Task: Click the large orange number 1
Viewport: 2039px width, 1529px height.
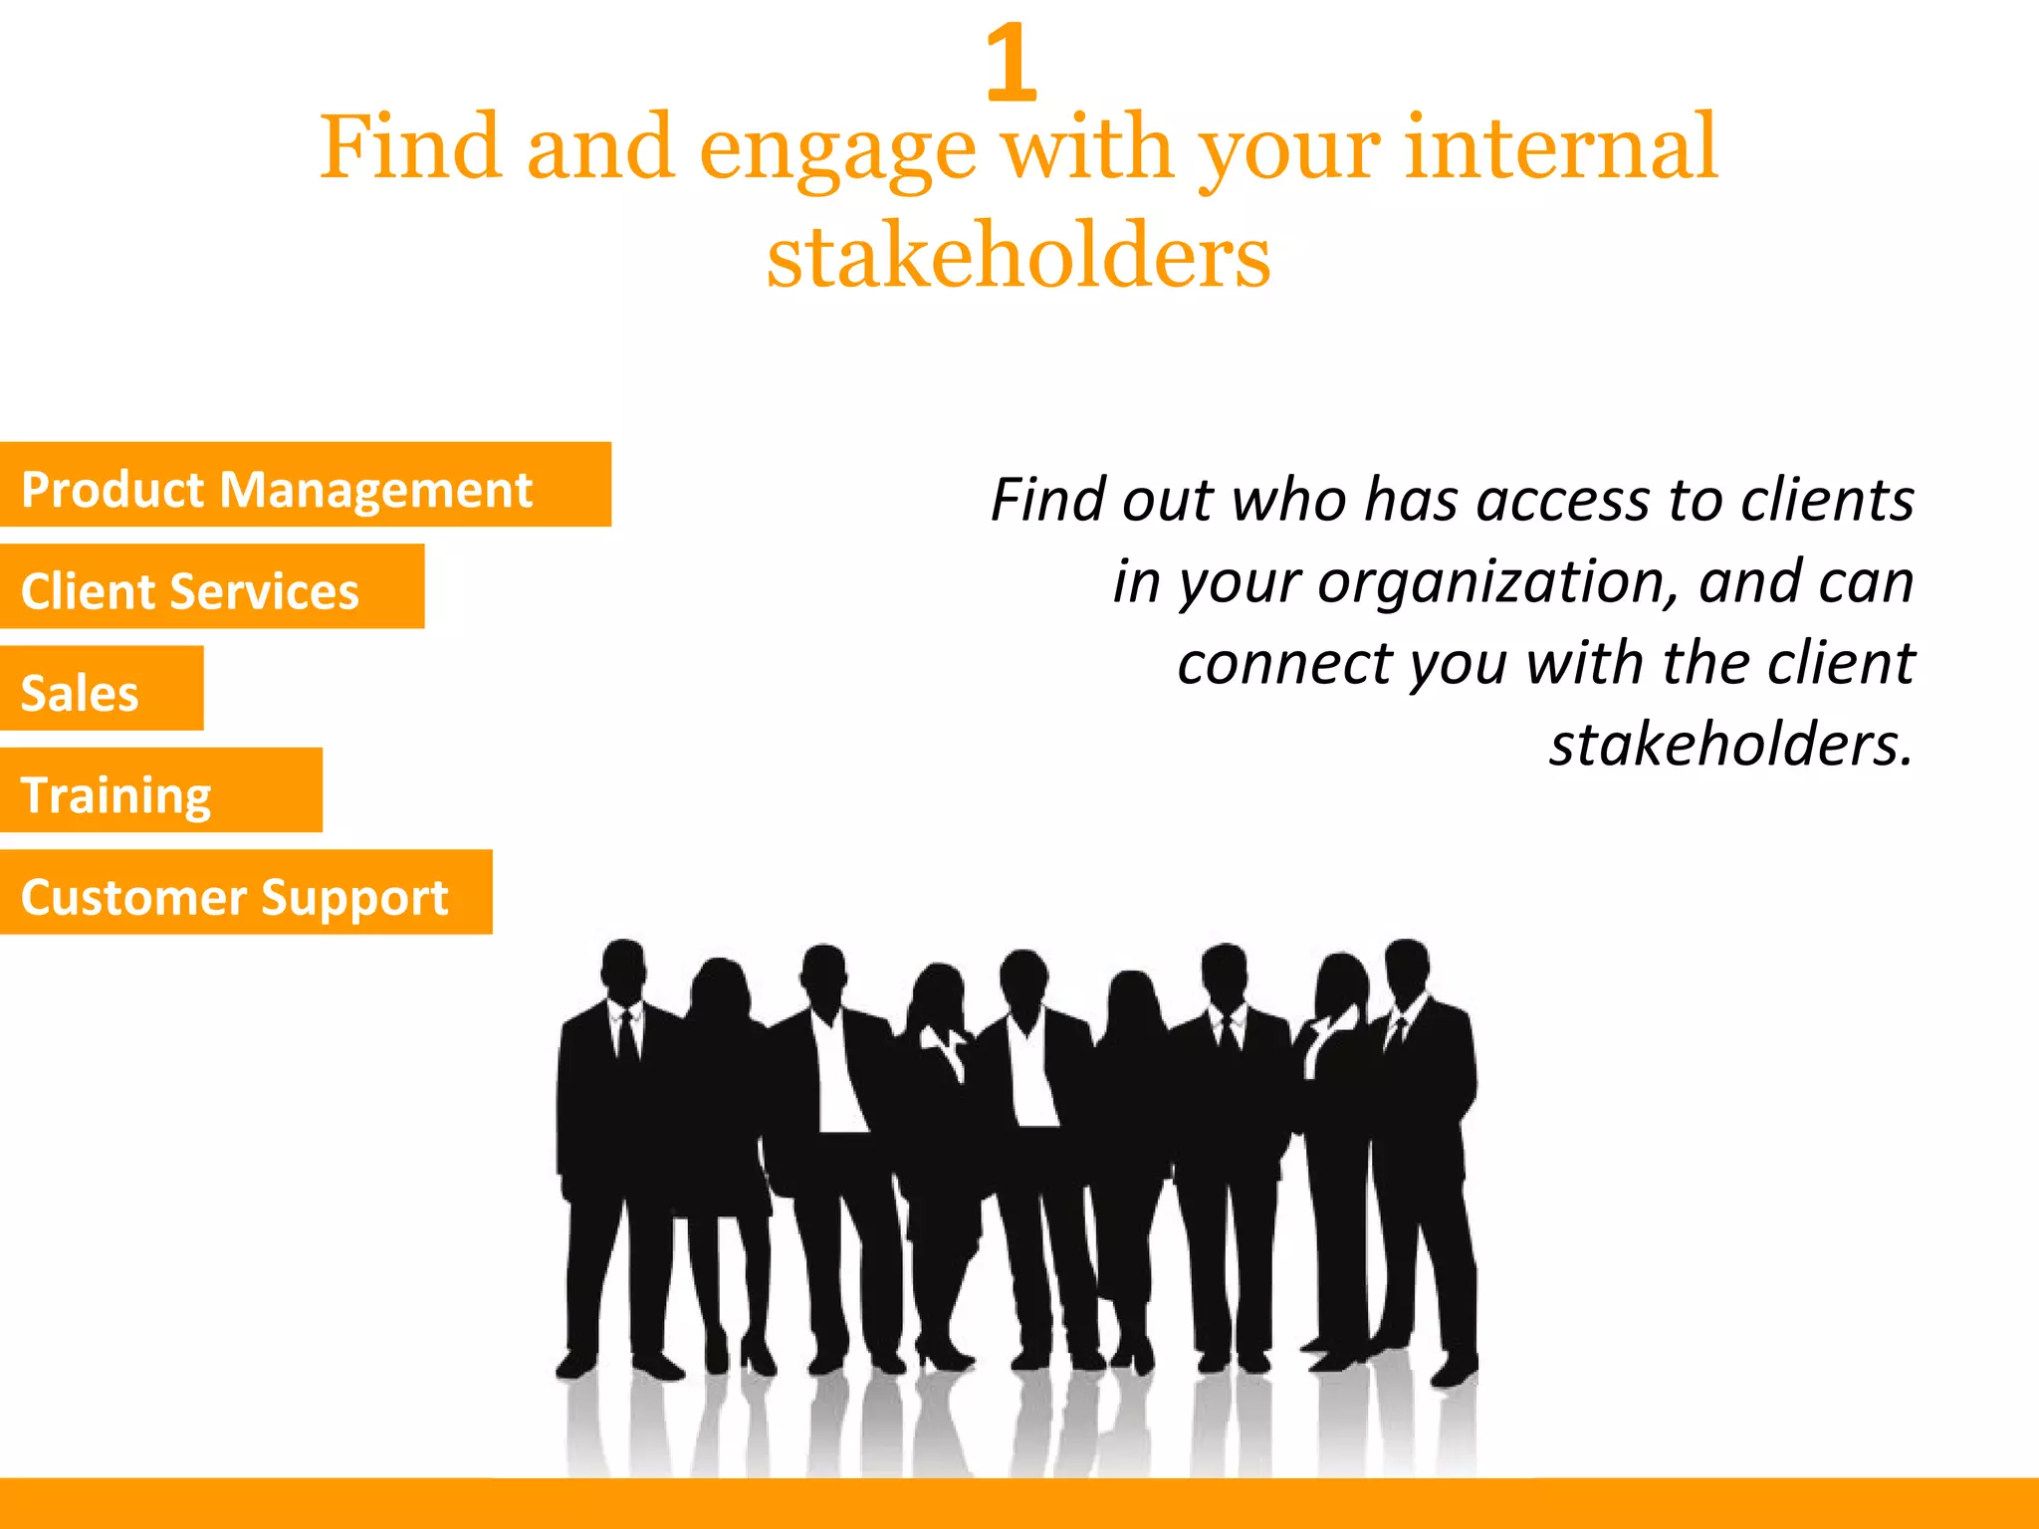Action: pyautogui.click(x=1012, y=64)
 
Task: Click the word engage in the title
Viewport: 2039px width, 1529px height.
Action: pyautogui.click(x=838, y=151)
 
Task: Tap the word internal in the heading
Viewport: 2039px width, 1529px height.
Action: pyautogui.click(x=1561, y=147)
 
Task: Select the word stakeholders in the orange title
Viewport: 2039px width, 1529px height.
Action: pyautogui.click(x=1019, y=256)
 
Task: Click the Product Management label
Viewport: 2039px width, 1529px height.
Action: pyautogui.click(x=277, y=490)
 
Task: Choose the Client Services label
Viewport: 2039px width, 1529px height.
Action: pyautogui.click(x=190, y=591)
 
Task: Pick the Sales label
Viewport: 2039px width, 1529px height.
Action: pyautogui.click(x=80, y=693)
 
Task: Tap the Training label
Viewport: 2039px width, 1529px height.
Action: pyautogui.click(x=116, y=795)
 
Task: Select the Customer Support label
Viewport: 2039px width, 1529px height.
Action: pyautogui.click(x=235, y=897)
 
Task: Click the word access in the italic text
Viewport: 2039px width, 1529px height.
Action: pyautogui.click(x=1561, y=500)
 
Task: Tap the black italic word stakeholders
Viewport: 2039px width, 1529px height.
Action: pyautogui.click(x=1731, y=745)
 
